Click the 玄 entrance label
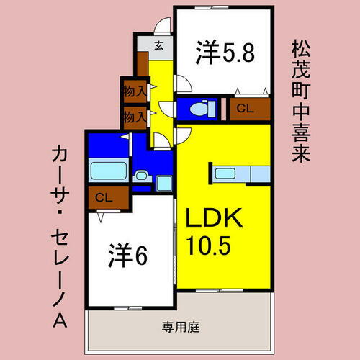pos(158,46)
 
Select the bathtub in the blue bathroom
pos(108,172)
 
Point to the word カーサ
pos(60,174)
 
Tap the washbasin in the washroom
pos(141,175)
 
